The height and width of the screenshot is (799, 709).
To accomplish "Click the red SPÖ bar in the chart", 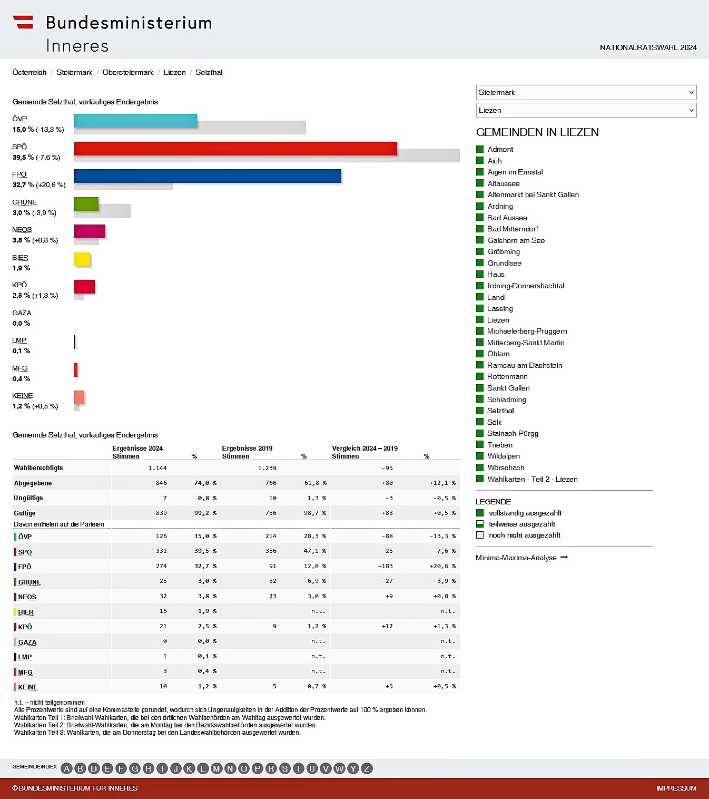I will tap(235, 149).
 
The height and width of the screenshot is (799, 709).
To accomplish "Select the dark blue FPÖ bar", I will tap(208, 176).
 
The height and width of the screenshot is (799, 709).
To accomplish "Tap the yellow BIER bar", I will tap(82, 259).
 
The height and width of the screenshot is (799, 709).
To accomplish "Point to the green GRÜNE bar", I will tap(86, 204).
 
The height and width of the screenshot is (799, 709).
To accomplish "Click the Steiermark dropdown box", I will tap(586, 92).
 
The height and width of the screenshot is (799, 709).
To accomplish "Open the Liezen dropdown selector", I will tap(586, 110).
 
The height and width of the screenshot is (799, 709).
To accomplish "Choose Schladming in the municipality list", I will tap(506, 399).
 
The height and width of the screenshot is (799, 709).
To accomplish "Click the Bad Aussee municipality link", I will tap(507, 218).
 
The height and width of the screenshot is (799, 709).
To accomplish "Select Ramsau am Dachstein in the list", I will tap(524, 365).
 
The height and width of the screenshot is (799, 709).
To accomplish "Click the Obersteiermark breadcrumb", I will tap(128, 72).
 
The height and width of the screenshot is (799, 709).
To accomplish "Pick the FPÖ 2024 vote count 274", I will tap(161, 566).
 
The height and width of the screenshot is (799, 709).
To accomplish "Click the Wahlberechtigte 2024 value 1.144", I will tap(157, 468).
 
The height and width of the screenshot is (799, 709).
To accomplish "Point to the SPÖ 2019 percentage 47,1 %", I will tap(314, 551).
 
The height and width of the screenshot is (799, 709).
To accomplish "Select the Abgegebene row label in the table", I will tap(33, 483).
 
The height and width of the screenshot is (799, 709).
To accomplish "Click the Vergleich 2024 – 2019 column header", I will tap(365, 449).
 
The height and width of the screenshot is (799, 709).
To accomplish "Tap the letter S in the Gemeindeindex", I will tap(284, 768).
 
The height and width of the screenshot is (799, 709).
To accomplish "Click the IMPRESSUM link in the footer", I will tap(676, 788).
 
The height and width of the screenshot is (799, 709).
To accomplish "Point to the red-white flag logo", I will tap(23, 22).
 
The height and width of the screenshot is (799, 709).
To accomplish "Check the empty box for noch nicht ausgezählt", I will tap(480, 535).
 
